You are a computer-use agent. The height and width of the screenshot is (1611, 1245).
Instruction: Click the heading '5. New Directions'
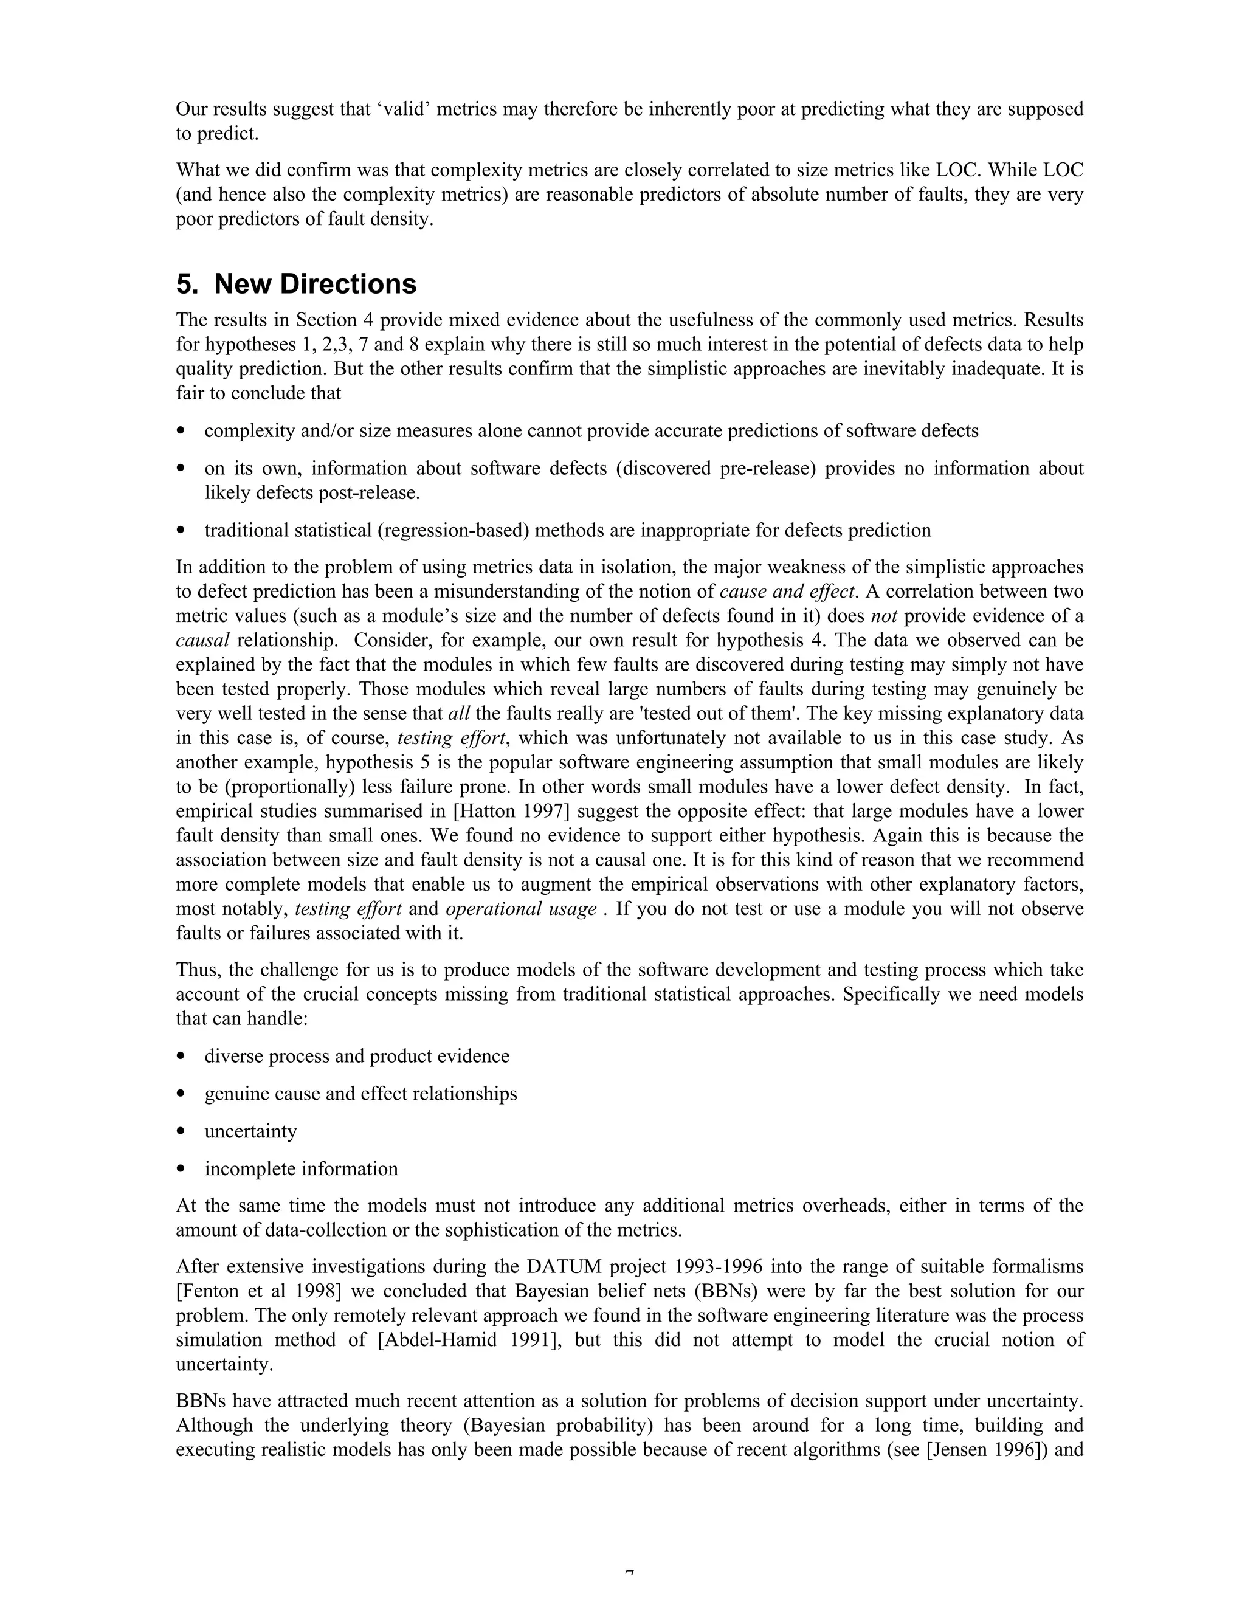(296, 284)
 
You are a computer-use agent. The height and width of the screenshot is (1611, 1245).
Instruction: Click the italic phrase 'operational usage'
(521, 909)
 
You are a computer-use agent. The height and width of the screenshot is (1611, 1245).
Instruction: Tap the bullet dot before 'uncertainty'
(181, 1131)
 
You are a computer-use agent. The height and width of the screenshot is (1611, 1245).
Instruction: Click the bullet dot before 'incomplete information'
(181, 1169)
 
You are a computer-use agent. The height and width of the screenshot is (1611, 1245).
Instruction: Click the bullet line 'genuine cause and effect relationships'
(360, 1093)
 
